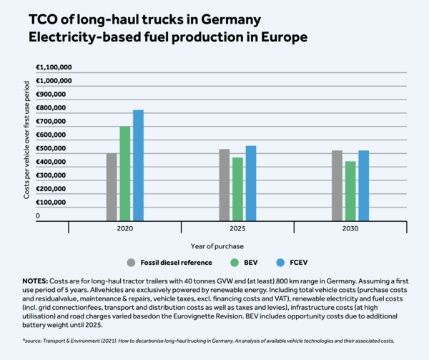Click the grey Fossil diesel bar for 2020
pos(112,187)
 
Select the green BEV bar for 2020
pos(125,174)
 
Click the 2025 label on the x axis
pos(237,228)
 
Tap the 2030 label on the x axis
pos(350,228)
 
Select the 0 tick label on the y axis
pos(38,215)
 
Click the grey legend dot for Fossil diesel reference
pos(131,262)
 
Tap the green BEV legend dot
pos(225,262)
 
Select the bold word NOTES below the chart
pos(34,281)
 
